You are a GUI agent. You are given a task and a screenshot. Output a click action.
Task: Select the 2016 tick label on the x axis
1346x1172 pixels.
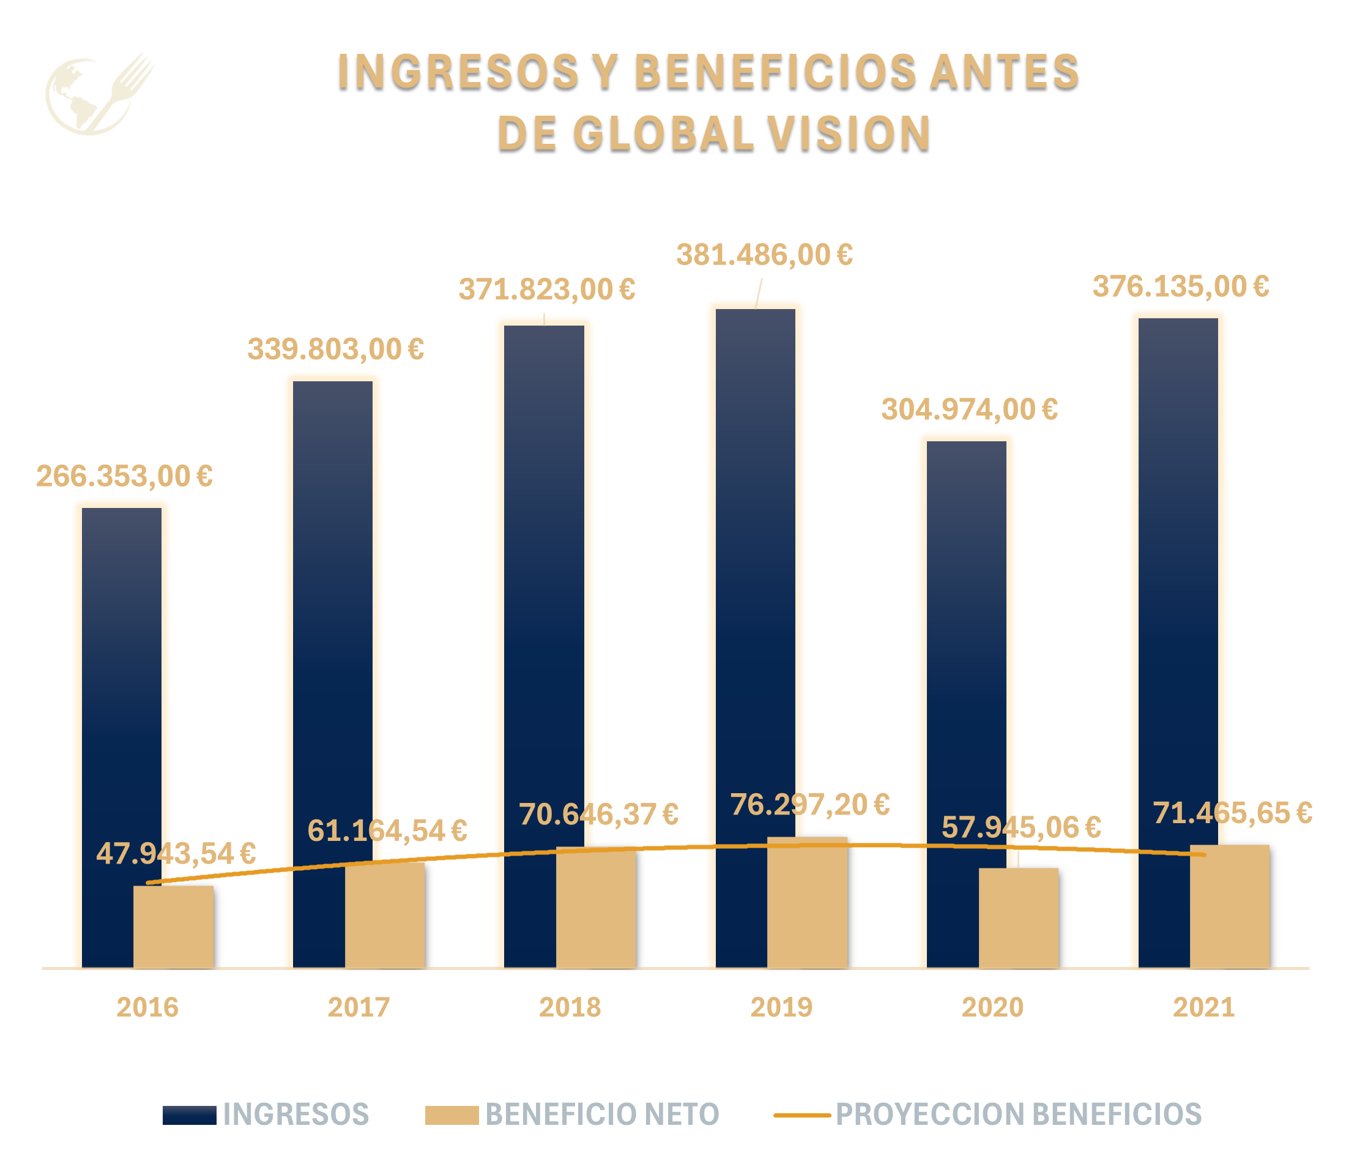(x=147, y=1007)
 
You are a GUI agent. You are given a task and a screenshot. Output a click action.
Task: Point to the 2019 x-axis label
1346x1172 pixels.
(x=781, y=1007)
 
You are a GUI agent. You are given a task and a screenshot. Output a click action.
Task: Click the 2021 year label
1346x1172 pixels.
(x=1203, y=1007)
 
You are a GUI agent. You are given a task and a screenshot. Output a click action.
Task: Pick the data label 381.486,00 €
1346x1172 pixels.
(x=764, y=255)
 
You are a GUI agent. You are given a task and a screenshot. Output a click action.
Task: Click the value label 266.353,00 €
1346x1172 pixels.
(x=124, y=476)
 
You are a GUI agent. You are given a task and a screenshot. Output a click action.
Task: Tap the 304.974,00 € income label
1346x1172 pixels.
(x=969, y=410)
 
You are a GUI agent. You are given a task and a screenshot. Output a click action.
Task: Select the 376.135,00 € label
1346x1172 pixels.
(x=1181, y=286)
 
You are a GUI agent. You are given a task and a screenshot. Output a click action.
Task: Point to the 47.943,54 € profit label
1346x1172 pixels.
(x=175, y=854)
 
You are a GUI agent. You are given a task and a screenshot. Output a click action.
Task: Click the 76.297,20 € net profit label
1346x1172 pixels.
(x=809, y=804)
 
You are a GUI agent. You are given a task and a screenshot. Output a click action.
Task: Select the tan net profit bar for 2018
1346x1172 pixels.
(x=595, y=909)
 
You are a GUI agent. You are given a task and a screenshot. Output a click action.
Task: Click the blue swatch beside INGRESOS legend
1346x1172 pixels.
(x=189, y=1114)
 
